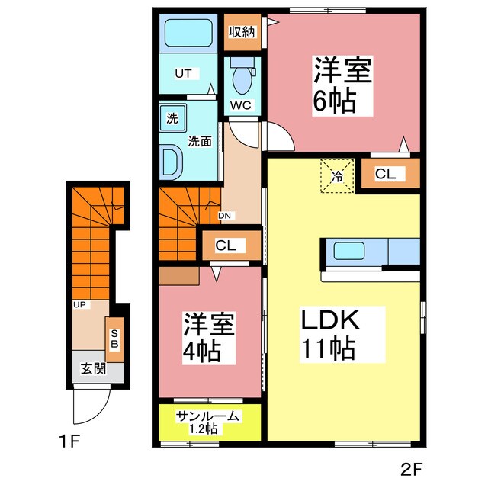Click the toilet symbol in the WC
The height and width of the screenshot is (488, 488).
[243, 79]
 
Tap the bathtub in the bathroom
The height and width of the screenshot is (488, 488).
[188, 33]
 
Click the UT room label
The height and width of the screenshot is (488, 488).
[183, 74]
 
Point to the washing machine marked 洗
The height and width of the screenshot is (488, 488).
[172, 118]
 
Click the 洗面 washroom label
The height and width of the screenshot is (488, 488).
[200, 141]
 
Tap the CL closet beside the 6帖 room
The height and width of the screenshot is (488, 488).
[385, 174]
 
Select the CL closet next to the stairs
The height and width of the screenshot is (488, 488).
[226, 246]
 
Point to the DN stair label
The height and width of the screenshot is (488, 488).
[225, 216]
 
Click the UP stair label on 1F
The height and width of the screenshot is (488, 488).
[79, 305]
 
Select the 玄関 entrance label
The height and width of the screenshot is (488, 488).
[93, 370]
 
